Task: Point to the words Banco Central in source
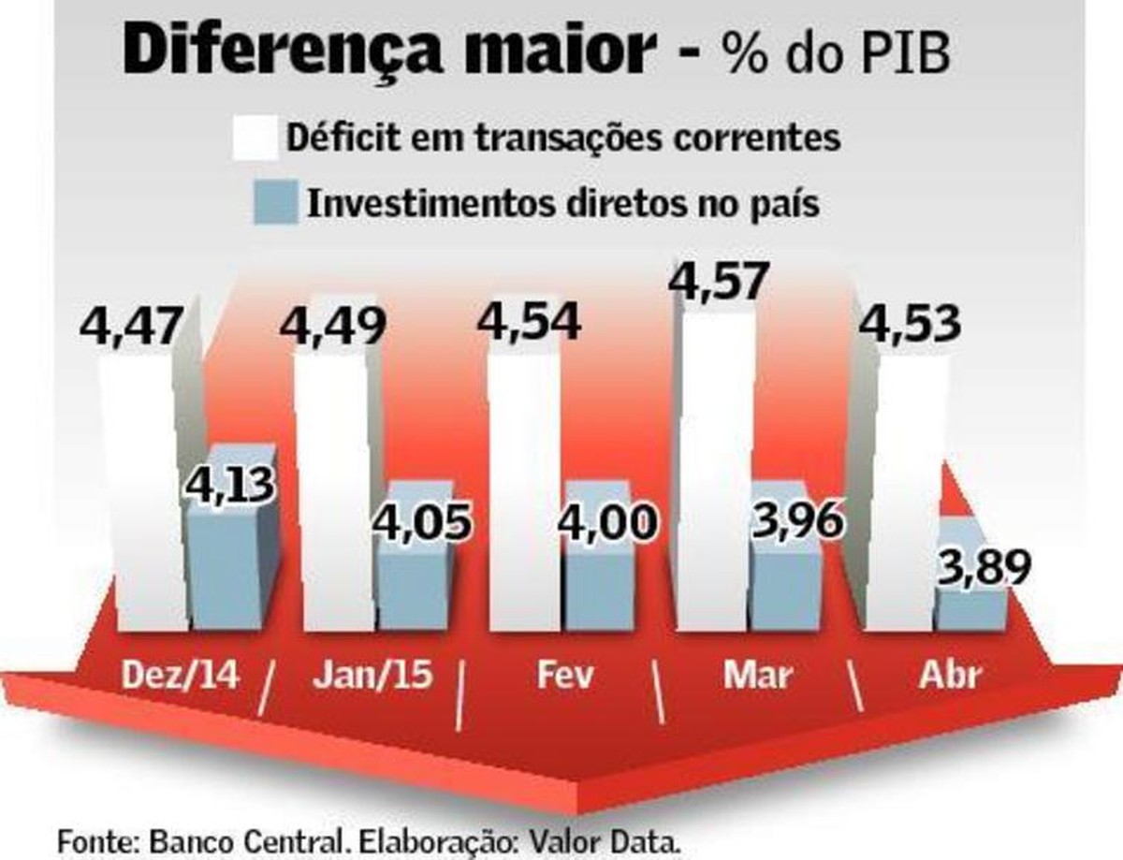(251, 838)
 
